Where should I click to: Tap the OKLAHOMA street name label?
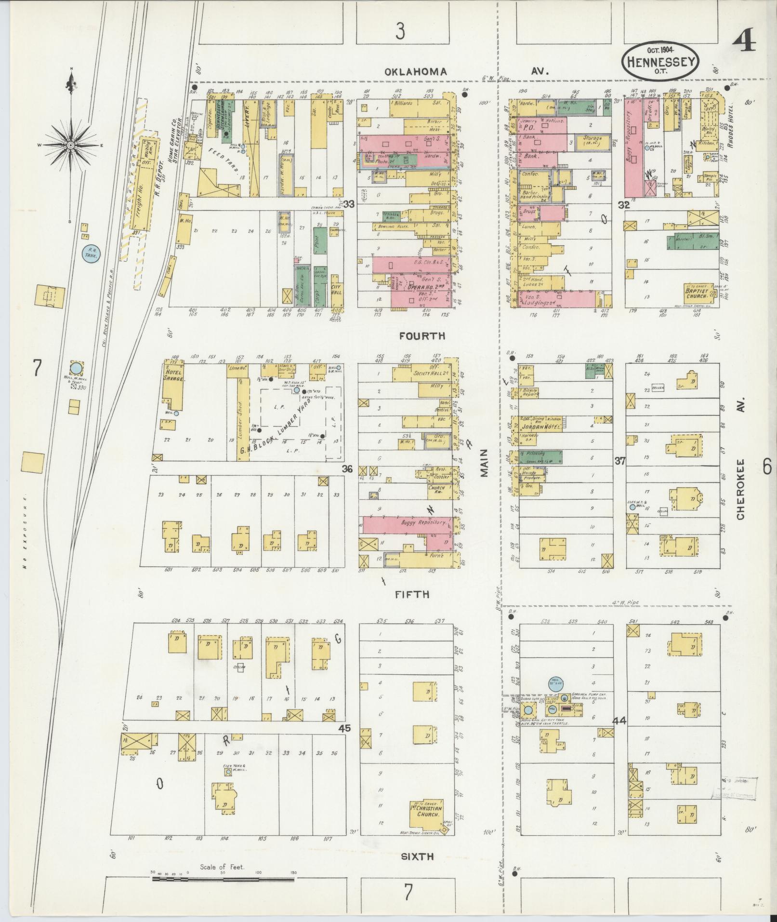(x=415, y=72)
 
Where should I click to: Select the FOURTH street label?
(x=422, y=336)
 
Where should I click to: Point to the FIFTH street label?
(x=412, y=595)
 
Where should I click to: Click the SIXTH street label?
(x=417, y=856)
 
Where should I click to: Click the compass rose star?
(x=71, y=145)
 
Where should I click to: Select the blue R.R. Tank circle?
(x=90, y=253)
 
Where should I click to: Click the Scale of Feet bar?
(x=223, y=879)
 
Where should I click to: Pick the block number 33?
(x=348, y=204)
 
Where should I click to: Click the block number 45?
(x=344, y=728)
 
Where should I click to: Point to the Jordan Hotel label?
(x=535, y=427)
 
